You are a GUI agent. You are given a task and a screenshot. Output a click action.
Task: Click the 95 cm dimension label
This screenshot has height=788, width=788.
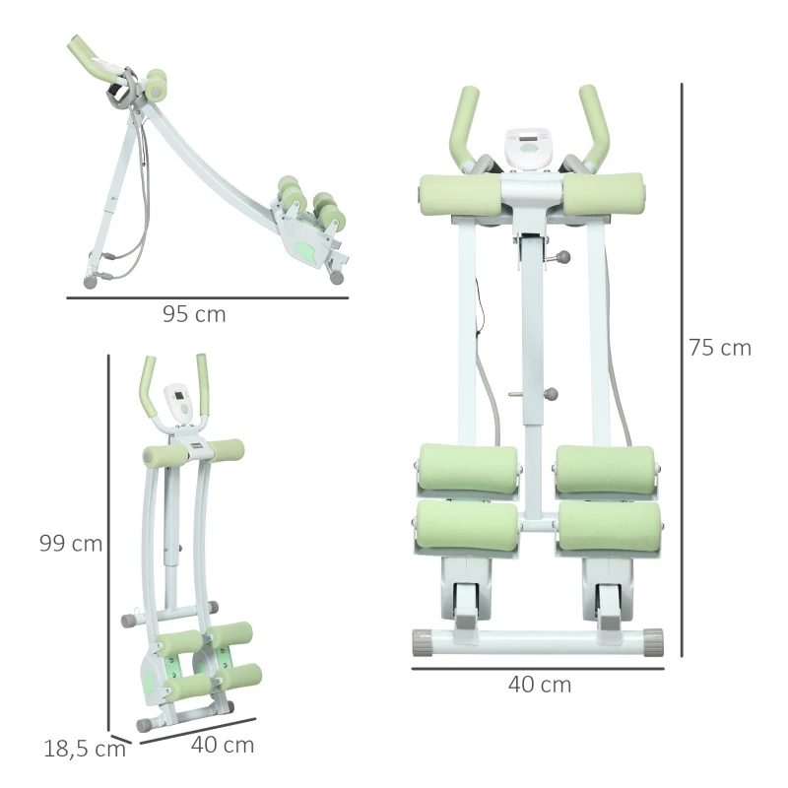click(194, 315)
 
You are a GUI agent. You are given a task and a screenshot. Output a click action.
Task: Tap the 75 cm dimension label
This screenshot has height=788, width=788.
click(719, 348)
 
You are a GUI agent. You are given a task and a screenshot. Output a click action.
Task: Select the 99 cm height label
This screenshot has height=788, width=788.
click(71, 544)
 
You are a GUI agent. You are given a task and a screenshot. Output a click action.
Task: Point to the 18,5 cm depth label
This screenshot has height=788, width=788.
click(85, 748)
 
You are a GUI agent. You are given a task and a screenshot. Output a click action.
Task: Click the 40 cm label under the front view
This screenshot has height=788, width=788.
click(539, 685)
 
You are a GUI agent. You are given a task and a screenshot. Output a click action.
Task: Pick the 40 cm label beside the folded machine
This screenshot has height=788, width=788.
click(222, 745)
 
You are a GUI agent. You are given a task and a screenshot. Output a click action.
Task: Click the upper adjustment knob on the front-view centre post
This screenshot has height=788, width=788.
click(563, 258)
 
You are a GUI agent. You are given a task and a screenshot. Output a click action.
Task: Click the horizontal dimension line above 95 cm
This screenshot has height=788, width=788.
click(207, 296)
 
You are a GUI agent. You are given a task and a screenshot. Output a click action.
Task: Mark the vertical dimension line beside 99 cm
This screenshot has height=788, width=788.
click(108, 542)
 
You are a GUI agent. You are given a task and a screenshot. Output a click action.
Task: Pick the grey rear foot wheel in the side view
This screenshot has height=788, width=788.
click(91, 281)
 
